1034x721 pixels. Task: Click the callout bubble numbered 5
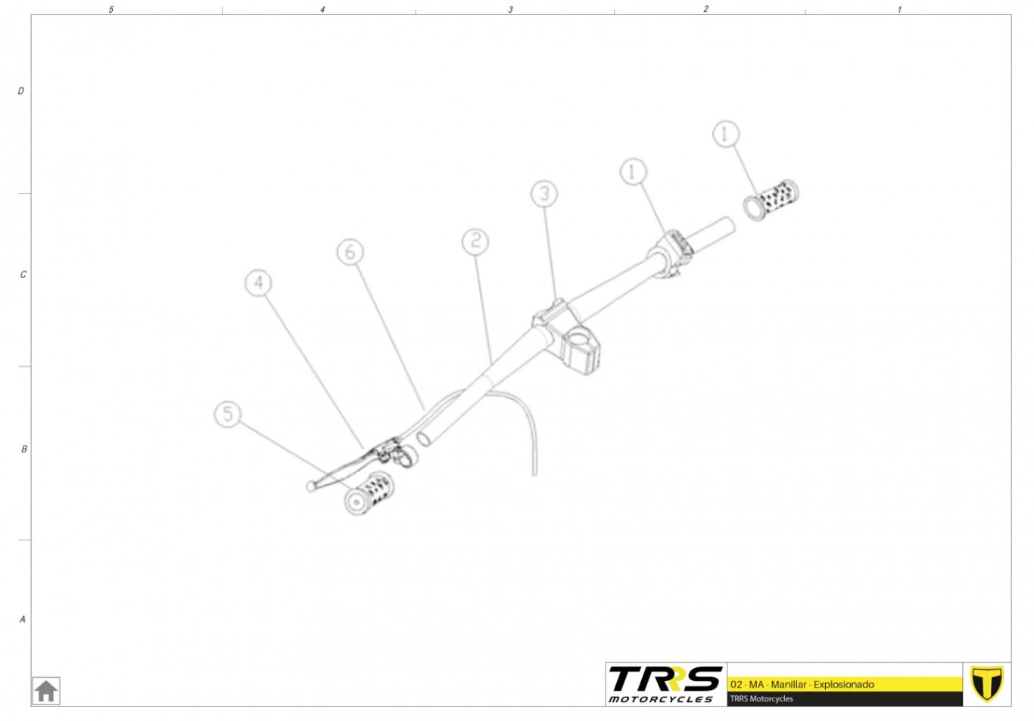pyautogui.click(x=228, y=414)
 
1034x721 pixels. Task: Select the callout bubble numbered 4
pyautogui.click(x=259, y=283)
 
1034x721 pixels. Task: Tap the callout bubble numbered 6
pyautogui.click(x=350, y=252)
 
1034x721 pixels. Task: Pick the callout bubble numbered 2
pyautogui.click(x=475, y=241)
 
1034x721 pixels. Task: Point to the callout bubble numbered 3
pyautogui.click(x=544, y=194)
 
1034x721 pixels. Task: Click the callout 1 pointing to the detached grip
pyautogui.click(x=726, y=134)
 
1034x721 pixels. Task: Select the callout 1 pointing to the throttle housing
pyautogui.click(x=634, y=172)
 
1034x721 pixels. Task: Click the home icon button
pyautogui.click(x=46, y=691)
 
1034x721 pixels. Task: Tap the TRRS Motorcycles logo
pyautogui.click(x=665, y=684)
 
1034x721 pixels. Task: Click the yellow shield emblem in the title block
pyautogui.click(x=987, y=684)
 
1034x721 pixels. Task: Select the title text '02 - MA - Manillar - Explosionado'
pyautogui.click(x=802, y=684)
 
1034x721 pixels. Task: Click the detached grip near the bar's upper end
pyautogui.click(x=771, y=200)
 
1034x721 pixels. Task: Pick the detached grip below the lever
pyautogui.click(x=369, y=493)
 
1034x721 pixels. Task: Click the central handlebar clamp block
pyautogui.click(x=567, y=337)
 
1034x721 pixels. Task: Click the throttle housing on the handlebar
pyautogui.click(x=670, y=254)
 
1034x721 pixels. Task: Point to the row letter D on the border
pyautogui.click(x=20, y=91)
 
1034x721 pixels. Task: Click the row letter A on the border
pyautogui.click(x=22, y=619)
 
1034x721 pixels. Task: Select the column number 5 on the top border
pyautogui.click(x=111, y=9)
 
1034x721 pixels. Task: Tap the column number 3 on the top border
pyautogui.click(x=510, y=9)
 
